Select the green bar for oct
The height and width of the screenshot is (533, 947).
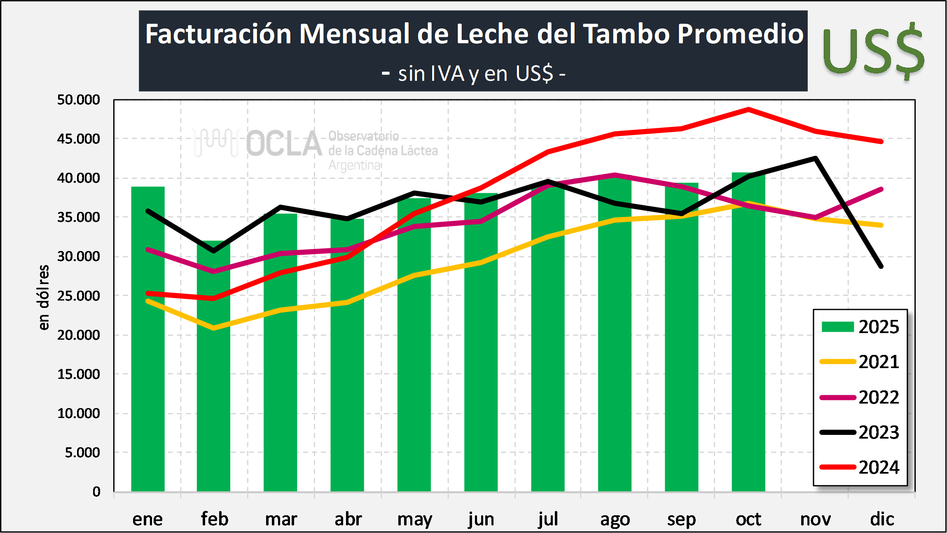click(748, 350)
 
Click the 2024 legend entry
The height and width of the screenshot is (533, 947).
click(860, 467)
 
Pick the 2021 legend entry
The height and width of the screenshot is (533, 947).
click(860, 362)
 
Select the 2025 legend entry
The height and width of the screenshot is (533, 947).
click(860, 327)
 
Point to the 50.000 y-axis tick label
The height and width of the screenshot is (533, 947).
click(79, 100)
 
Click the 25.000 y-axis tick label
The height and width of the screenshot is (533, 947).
click(79, 296)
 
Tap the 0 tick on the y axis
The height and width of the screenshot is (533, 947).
click(96, 492)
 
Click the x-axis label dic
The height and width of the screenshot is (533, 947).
click(882, 519)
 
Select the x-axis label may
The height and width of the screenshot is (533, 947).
click(414, 519)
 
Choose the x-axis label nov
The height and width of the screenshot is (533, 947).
click(815, 519)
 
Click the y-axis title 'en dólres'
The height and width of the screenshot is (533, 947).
click(44, 297)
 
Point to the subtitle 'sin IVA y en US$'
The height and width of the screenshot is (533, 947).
click(474, 74)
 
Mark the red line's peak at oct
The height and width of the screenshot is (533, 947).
click(748, 109)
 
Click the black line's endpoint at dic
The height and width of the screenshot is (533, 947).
click(881, 266)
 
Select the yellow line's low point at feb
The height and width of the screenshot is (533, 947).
click(214, 328)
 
